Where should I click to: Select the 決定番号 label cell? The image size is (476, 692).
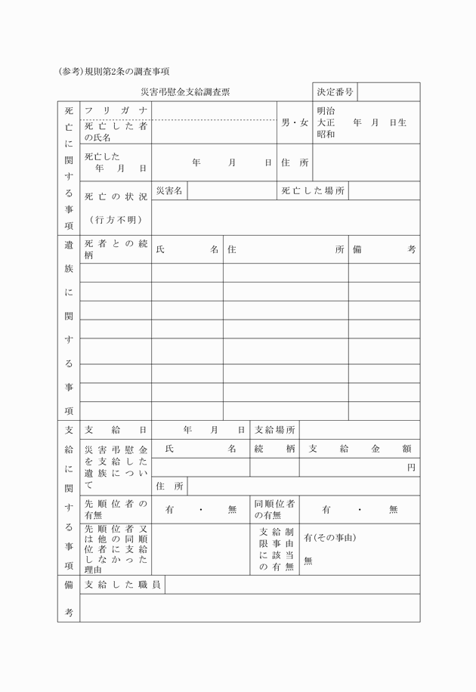click(x=335, y=92)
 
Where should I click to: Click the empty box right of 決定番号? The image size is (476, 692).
click(x=388, y=92)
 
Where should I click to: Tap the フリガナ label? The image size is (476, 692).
click(x=116, y=111)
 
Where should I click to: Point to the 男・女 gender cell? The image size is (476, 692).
click(x=295, y=122)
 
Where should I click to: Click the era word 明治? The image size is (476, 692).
click(x=326, y=111)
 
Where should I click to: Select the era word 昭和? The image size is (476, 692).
click(x=326, y=134)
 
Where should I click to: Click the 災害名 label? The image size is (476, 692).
click(x=169, y=191)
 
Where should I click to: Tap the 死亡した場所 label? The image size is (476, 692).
click(x=313, y=191)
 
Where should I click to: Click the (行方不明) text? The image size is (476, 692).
click(x=116, y=220)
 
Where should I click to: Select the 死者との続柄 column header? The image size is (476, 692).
click(x=116, y=249)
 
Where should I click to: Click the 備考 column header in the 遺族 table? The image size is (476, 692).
click(x=384, y=249)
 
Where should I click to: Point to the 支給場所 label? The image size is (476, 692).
click(x=274, y=430)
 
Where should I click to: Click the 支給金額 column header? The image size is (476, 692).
click(x=360, y=449)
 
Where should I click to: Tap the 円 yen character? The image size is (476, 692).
click(x=411, y=468)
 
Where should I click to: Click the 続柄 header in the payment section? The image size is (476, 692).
click(x=274, y=449)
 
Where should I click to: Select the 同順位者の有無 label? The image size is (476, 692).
click(x=274, y=509)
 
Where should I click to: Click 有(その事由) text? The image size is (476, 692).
click(x=329, y=538)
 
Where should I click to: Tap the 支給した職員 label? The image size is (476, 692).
click(x=122, y=585)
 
